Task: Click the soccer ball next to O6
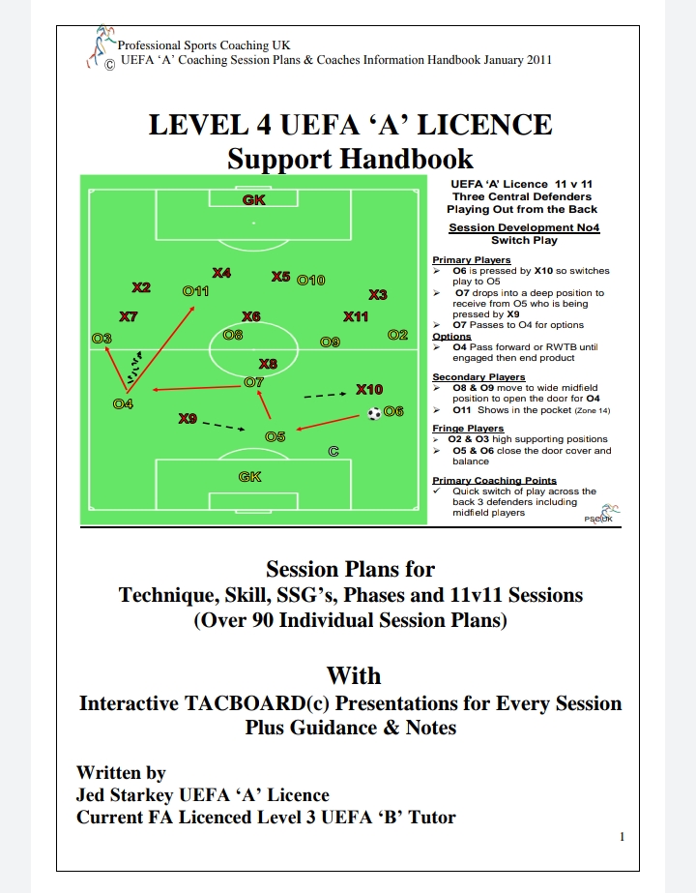[374, 413]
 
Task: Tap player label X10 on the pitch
[369, 389]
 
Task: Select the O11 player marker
[195, 290]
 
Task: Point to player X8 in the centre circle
[268, 364]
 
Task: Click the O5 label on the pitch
[275, 437]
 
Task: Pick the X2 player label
[141, 287]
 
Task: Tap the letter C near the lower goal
[333, 451]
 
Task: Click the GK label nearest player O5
[250, 476]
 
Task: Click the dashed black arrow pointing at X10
[325, 395]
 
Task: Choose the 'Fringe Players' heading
[468, 429]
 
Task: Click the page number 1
[623, 837]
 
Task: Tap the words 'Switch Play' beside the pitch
[522, 240]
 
